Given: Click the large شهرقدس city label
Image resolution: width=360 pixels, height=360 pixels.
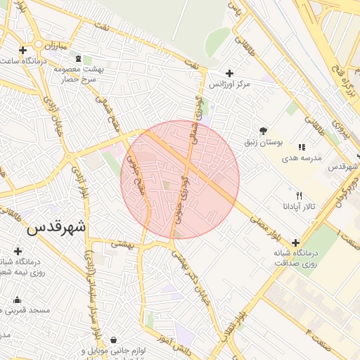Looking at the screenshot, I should [x=56, y=229].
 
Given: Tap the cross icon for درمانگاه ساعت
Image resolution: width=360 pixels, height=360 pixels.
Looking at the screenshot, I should [x=23, y=50].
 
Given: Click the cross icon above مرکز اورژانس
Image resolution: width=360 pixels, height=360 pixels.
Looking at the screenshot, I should [x=229, y=73].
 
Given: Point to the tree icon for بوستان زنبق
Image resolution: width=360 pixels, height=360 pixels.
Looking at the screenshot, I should [x=263, y=131].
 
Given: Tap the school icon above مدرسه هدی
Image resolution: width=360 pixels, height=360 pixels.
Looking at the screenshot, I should [x=302, y=147].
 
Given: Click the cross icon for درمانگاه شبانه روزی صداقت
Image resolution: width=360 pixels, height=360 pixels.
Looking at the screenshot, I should [x=295, y=243].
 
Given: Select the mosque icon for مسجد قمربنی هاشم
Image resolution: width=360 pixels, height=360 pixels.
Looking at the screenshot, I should [x=17, y=300].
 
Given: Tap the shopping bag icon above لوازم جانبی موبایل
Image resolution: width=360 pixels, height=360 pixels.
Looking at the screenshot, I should [x=114, y=340].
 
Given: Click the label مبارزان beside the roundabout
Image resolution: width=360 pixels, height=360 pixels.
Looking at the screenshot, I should [x=52, y=46].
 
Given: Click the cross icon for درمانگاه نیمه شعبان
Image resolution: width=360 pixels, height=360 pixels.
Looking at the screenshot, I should [x=18, y=251].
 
